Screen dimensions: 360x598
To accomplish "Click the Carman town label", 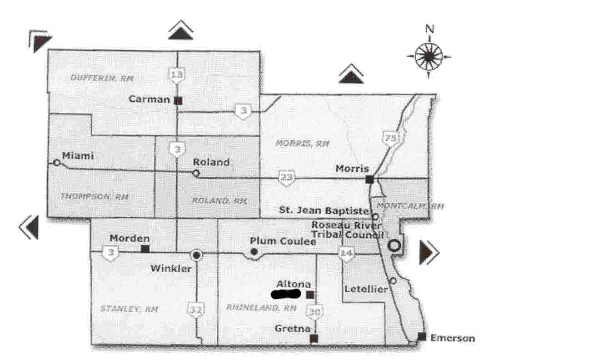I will pos(149,99).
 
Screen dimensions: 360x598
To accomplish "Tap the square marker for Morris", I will pos(370,179).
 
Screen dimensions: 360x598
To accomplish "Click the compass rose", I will pos(429,57).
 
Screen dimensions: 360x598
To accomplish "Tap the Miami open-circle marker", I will pos(57,162).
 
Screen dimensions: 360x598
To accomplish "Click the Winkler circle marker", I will pos(196,255).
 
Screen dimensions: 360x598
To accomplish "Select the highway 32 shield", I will pos(196,310).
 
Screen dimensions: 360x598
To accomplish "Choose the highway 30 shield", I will pos(314,312).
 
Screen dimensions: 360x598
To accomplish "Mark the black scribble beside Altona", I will pos(285,294).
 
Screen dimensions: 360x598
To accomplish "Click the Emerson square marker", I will pos(422,336).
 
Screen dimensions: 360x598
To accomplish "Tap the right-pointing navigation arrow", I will pos(429,252).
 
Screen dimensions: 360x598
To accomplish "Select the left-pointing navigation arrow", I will pos(29,227).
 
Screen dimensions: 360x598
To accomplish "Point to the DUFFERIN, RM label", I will pos(102,78).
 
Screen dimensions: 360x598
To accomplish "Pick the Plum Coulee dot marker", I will pos(254,252).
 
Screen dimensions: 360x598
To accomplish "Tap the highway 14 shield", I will pos(347,254).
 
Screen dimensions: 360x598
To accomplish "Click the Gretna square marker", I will pos(314,338).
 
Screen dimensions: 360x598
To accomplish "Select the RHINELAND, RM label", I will pos(262,308).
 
